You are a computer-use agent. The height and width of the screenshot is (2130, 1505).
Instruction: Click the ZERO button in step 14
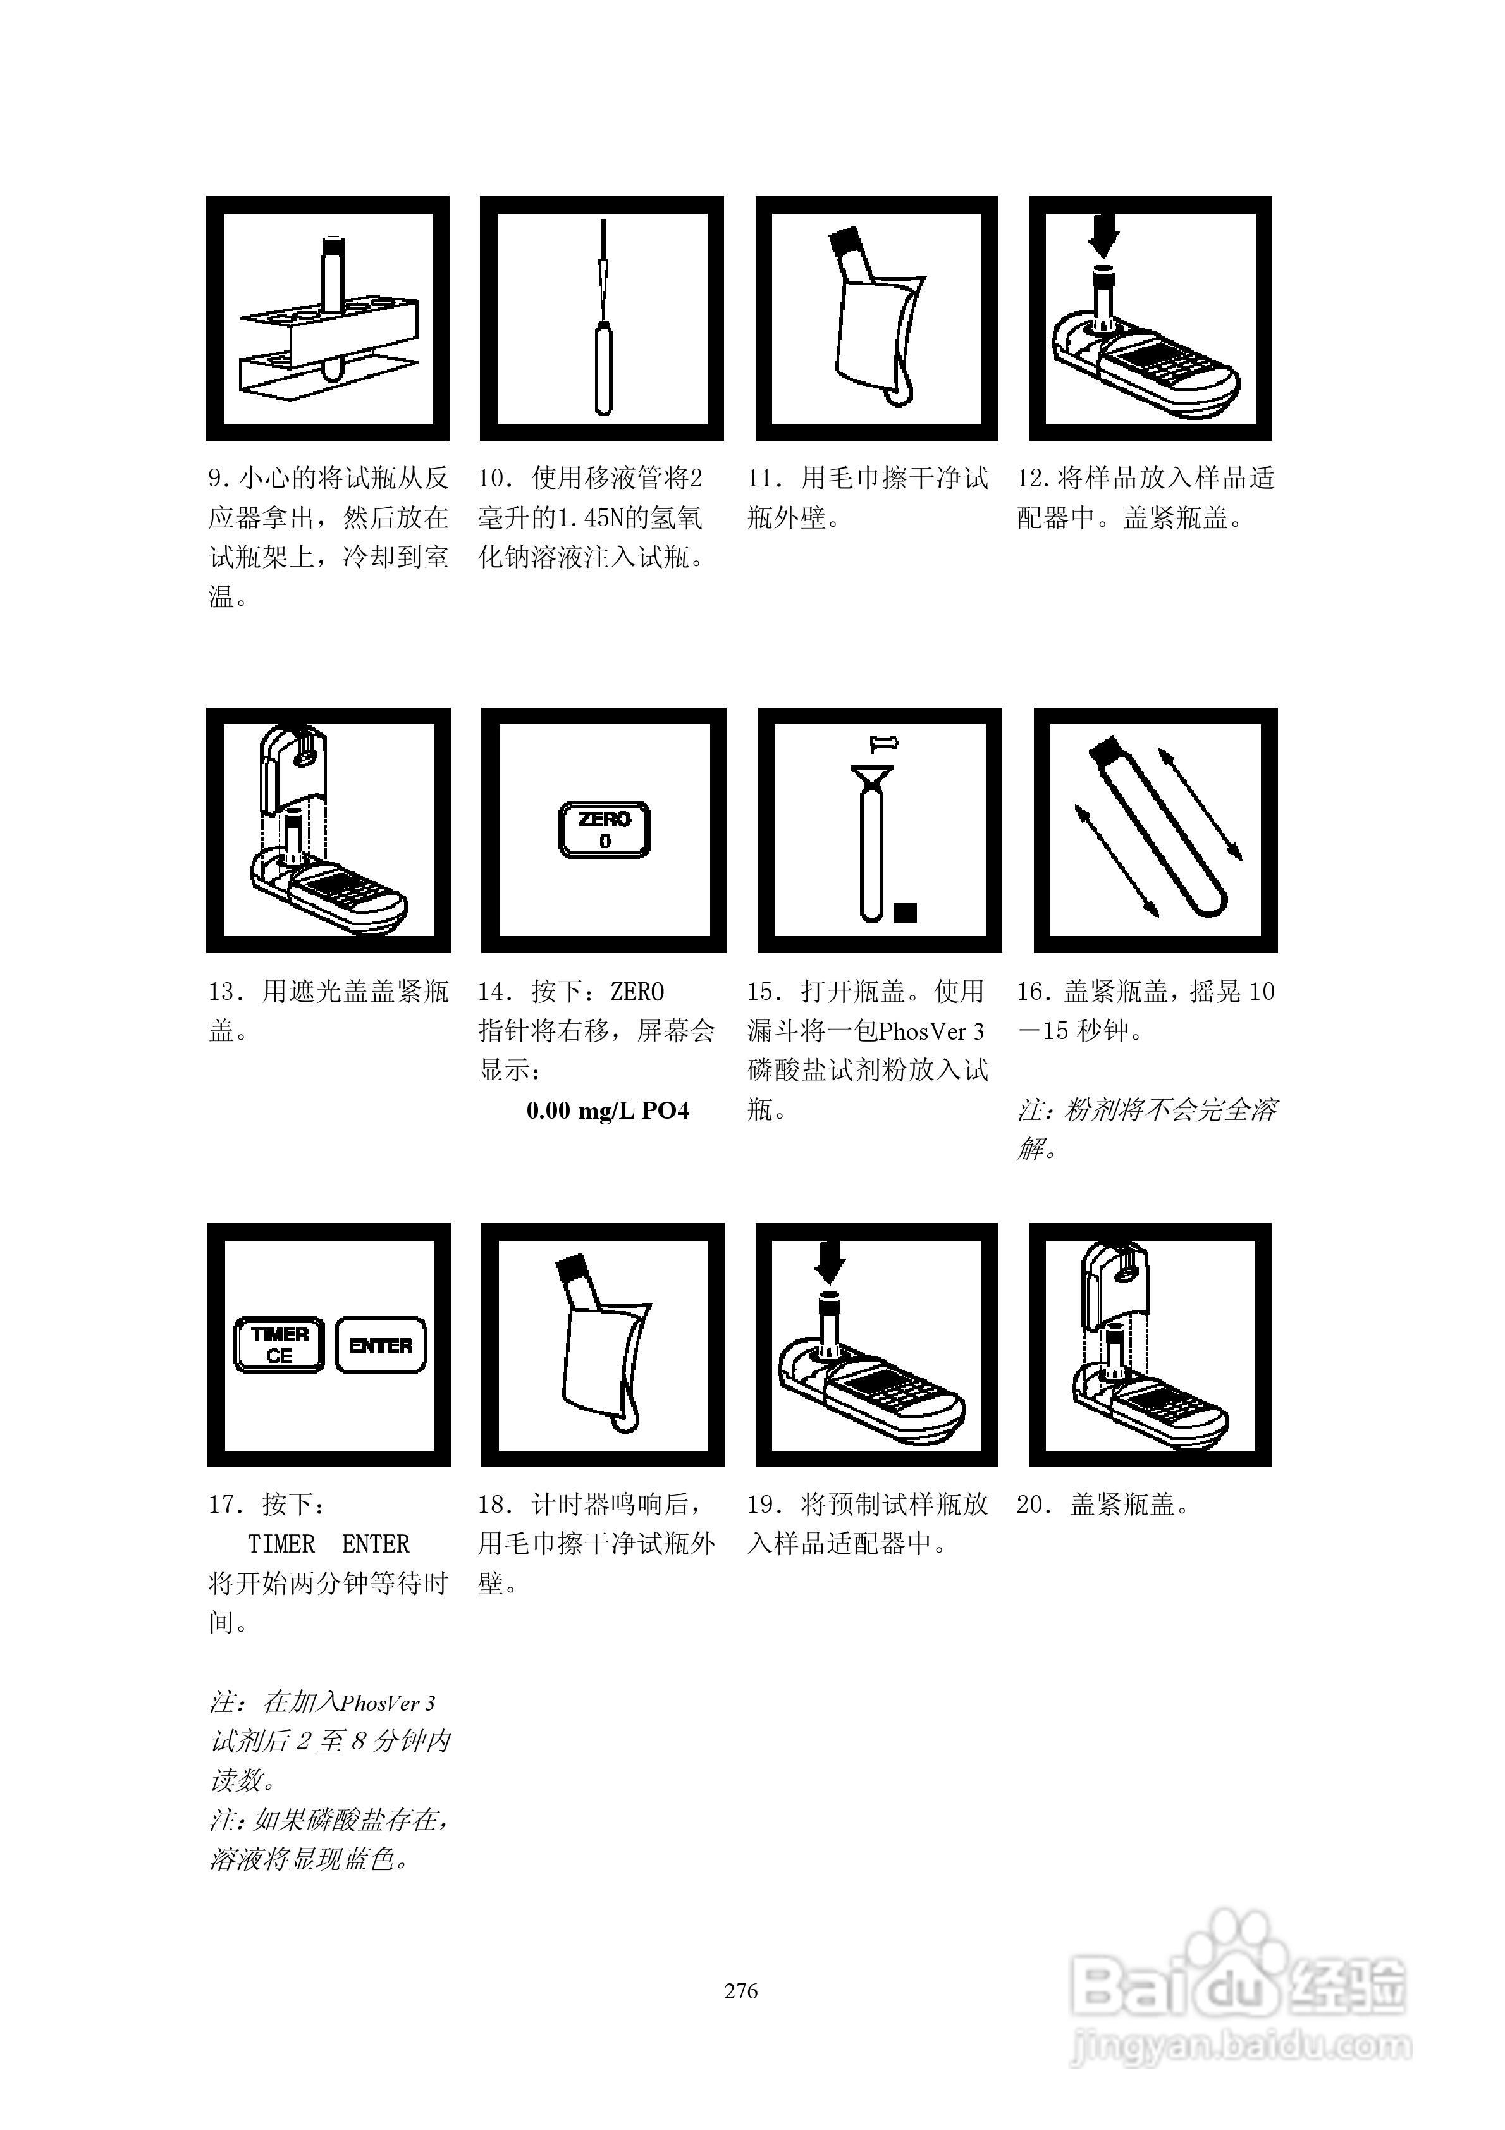pyautogui.click(x=604, y=829)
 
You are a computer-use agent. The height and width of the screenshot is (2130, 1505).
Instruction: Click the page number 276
pyautogui.click(x=740, y=1991)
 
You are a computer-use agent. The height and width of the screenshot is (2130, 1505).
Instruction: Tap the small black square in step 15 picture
pyautogui.click(x=905, y=912)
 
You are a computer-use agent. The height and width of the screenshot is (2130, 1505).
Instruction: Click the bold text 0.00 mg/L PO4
pyautogui.click(x=608, y=1111)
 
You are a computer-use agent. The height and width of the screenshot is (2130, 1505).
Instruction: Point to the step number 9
pyautogui.click(x=216, y=479)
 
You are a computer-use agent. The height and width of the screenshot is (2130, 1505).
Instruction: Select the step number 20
pyautogui.click(x=1033, y=1505)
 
